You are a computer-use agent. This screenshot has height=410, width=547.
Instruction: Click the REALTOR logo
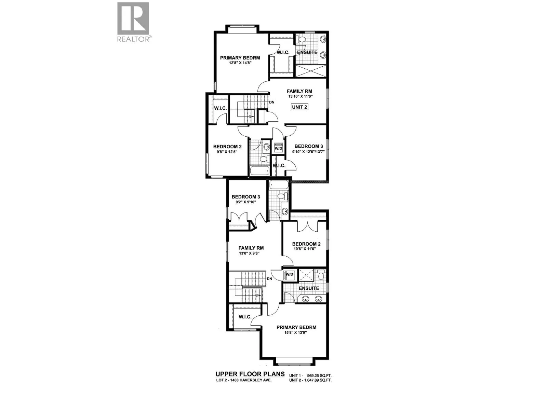pyautogui.click(x=133, y=22)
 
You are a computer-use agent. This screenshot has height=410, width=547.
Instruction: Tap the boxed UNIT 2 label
pyautogui.click(x=299, y=107)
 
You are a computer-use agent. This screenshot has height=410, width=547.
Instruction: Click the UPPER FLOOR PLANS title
pyautogui.click(x=250, y=374)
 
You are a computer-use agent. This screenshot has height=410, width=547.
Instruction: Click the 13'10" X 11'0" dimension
pyautogui.click(x=299, y=96)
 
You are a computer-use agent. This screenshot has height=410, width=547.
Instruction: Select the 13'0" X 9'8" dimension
pyautogui.click(x=251, y=254)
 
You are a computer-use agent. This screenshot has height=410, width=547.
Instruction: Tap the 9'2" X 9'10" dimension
pyautogui.click(x=246, y=202)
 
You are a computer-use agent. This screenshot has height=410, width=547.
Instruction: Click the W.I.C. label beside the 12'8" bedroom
pyautogui.click(x=283, y=52)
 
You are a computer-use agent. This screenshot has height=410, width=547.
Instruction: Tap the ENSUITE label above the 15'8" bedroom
pyautogui.click(x=309, y=288)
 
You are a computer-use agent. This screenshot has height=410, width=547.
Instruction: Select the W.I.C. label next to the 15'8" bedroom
pyautogui.click(x=245, y=317)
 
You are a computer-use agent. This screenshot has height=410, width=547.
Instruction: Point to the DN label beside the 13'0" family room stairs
pyautogui.click(x=269, y=279)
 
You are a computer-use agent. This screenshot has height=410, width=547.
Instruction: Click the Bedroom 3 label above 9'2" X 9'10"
pyautogui.click(x=246, y=197)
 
